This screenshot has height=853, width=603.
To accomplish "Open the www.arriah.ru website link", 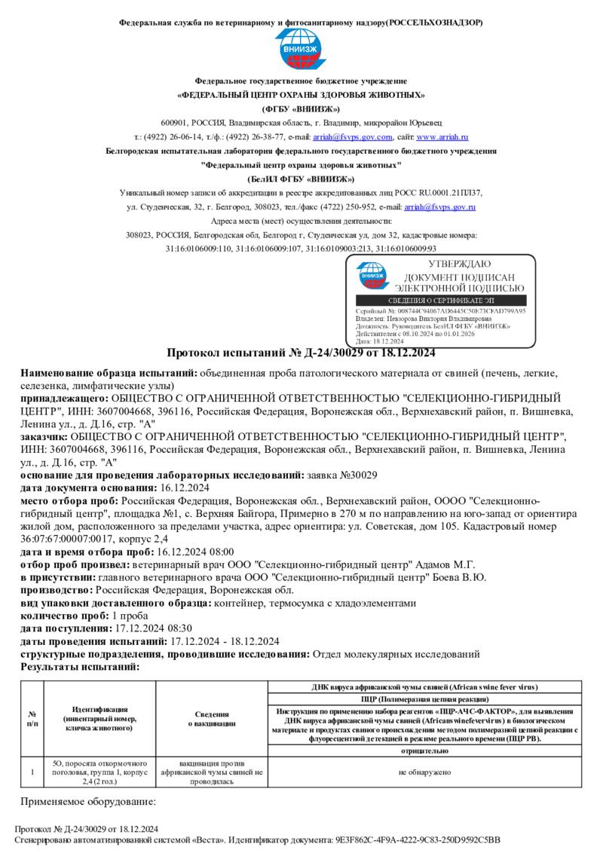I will tap(442, 137).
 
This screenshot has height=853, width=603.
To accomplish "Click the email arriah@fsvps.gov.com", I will tap(353, 137).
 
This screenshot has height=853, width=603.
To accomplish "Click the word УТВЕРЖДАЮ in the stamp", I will tap(459, 264).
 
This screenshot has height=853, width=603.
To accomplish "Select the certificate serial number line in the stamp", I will tap(440, 310).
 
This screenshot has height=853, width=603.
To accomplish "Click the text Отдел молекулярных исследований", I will tap(396, 654).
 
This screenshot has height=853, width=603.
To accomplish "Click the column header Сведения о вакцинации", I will tap(212, 719).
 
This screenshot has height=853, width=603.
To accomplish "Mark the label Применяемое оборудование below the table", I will tap(87, 801).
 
